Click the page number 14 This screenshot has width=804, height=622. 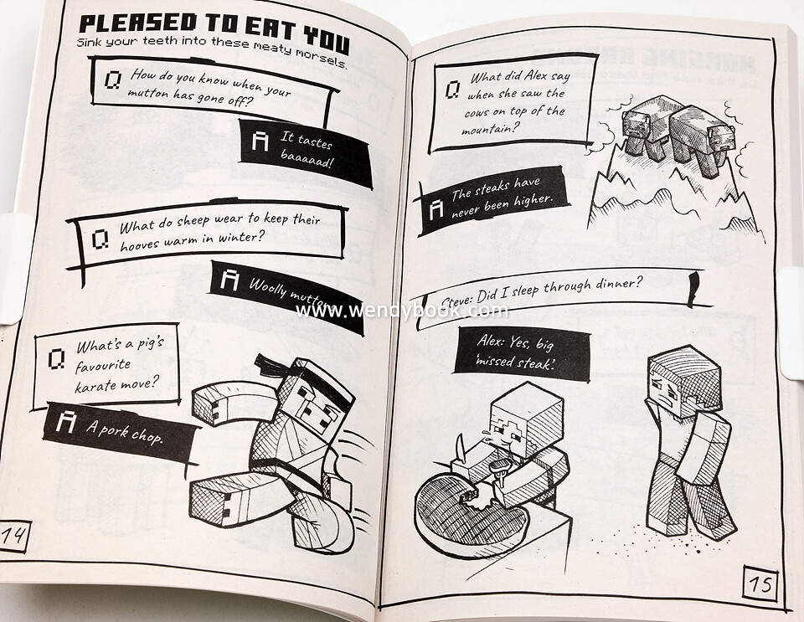13,536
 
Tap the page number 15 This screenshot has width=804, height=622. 760,583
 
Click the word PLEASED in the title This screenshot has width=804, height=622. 138,23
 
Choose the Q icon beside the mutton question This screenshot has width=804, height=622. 113,80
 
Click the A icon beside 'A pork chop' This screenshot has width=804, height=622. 65,421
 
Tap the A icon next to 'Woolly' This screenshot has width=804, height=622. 229,280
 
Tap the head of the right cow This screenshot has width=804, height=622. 717,142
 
